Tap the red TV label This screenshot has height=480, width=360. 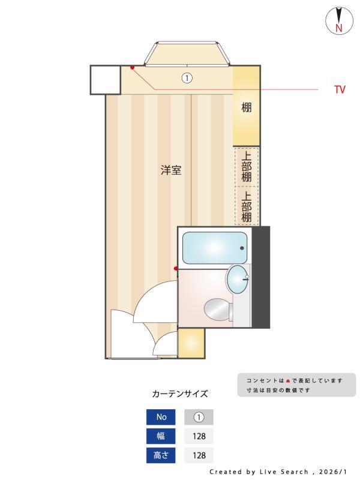pyautogui.click(x=340, y=90)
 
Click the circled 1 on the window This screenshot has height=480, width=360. pyautogui.click(x=187, y=78)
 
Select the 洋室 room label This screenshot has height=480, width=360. pyautogui.click(x=171, y=170)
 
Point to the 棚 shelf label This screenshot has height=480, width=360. pyautogui.click(x=247, y=108)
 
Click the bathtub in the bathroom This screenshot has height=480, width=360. pyautogui.click(x=215, y=248)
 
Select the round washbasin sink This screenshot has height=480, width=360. pyautogui.click(x=238, y=279)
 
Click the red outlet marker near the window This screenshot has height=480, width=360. pyautogui.click(x=132, y=67)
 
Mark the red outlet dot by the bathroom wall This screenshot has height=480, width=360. pyautogui.click(x=176, y=268)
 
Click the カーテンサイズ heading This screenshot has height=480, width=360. pyautogui.click(x=180, y=394)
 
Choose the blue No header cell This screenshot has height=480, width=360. pyautogui.click(x=161, y=417)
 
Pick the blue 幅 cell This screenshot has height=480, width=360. pyautogui.click(x=161, y=436)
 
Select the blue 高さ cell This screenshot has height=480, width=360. pyautogui.click(x=161, y=455)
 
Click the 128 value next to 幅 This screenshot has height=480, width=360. pyautogui.click(x=199, y=436)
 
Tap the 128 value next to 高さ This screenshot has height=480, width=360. pyautogui.click(x=199, y=455)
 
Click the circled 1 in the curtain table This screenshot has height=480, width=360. pyautogui.click(x=199, y=417)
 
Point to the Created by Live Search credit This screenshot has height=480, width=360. pyautogui.click(x=278, y=472)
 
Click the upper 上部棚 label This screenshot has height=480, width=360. pyautogui.click(x=247, y=166)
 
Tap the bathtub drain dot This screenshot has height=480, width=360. pyautogui.click(x=242, y=248)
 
